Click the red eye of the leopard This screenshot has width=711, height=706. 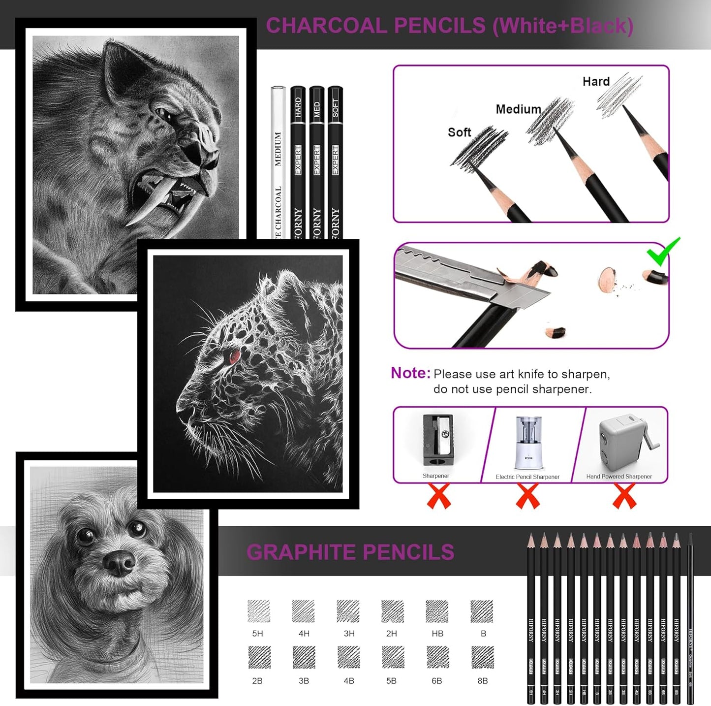[x=234, y=355]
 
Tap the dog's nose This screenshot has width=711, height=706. [x=120, y=562]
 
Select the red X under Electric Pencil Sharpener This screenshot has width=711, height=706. [x=527, y=496]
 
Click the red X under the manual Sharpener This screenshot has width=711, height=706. [x=438, y=496]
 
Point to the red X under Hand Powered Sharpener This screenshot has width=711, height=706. [x=624, y=496]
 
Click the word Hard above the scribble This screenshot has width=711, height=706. [x=596, y=82]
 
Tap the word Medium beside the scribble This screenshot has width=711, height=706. [x=518, y=109]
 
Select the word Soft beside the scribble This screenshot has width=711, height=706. [x=459, y=132]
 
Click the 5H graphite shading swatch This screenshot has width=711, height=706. [x=259, y=611]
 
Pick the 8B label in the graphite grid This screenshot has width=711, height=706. [x=482, y=681]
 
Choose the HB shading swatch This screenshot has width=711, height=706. [x=437, y=611]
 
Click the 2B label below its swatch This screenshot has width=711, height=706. [x=257, y=681]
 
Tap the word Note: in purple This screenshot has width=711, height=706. [x=410, y=373]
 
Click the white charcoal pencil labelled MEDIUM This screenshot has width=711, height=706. [x=278, y=162]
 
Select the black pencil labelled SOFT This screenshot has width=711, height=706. [x=335, y=162]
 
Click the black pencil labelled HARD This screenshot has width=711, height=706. [x=298, y=162]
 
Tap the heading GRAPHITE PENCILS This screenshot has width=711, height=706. [x=350, y=552]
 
